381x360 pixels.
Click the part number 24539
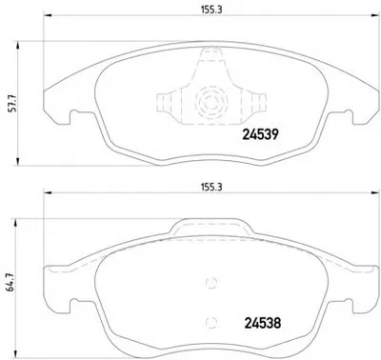(260, 134)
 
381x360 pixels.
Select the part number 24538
(263, 323)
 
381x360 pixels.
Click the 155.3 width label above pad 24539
(211, 10)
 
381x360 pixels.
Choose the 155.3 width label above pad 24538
(211, 187)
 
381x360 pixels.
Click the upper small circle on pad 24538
(211, 282)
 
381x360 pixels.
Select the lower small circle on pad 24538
(211, 322)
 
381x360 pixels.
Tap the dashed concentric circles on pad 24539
(211, 102)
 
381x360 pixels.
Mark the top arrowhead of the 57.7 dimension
(18, 45)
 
